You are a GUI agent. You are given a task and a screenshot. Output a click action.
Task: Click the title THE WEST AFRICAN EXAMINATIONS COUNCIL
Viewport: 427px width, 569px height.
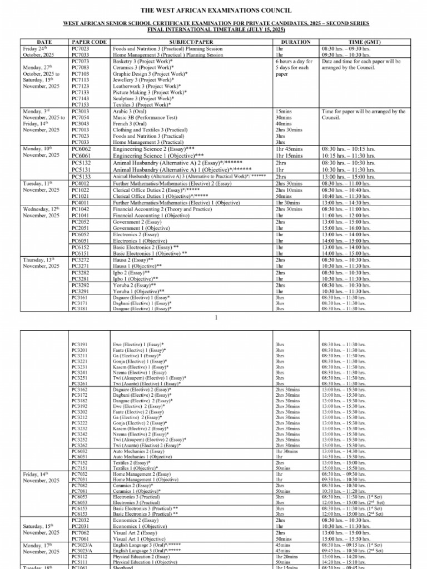point(216,11)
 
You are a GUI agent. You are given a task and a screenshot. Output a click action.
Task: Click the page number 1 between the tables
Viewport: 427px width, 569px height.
point(214,317)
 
